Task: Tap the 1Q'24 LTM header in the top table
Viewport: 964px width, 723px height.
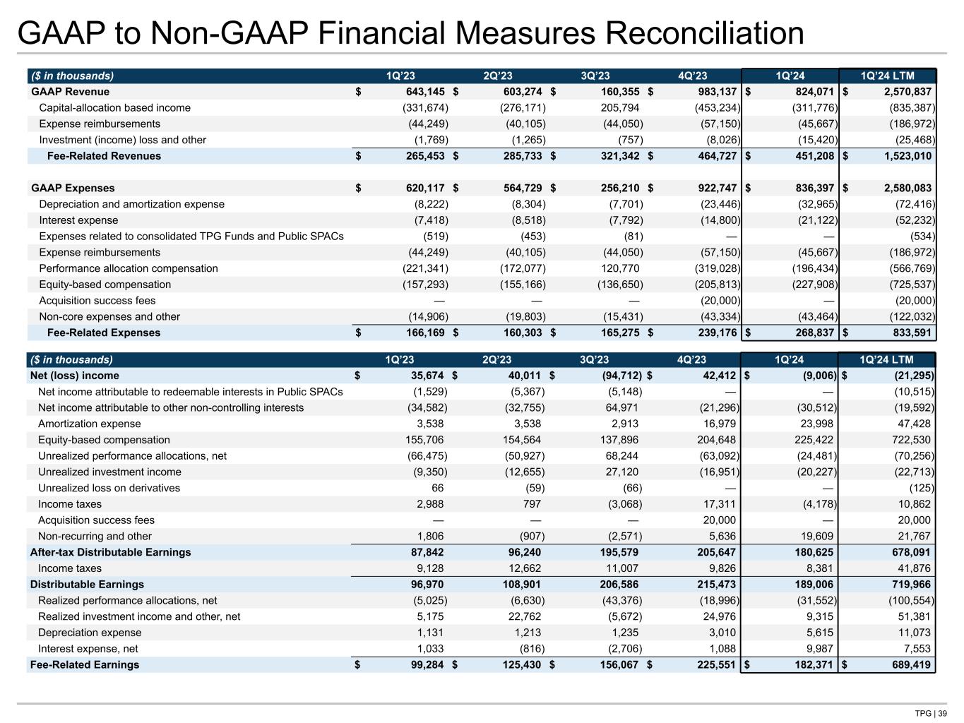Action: coord(887,76)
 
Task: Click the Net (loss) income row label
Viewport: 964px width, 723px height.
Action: coord(74,376)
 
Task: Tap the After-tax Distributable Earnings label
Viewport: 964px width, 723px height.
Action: coord(110,552)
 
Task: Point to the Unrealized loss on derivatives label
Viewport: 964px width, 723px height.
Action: coord(109,488)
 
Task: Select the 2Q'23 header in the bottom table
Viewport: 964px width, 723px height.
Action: coord(497,360)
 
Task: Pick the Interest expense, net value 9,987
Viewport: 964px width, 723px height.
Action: coord(818,648)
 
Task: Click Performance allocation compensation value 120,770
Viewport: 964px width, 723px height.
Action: coord(619,268)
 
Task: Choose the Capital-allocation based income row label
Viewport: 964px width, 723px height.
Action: coord(114,108)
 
